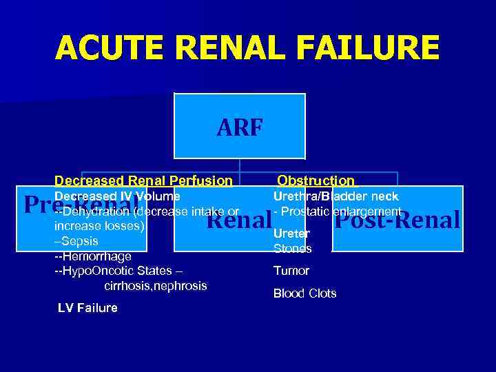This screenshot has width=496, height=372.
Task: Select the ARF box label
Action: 239,127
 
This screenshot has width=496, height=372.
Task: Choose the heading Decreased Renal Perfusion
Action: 143,181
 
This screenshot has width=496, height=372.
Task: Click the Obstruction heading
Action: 316,181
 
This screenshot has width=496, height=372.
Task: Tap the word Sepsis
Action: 79,241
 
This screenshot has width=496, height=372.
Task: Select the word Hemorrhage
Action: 96,256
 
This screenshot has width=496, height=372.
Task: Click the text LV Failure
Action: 87,308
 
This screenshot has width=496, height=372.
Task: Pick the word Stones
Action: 293,249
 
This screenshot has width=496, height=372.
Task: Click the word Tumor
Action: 291,271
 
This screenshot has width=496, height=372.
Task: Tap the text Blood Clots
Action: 304,293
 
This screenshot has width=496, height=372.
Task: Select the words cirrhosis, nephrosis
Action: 156,285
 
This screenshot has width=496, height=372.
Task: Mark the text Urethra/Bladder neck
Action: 335,196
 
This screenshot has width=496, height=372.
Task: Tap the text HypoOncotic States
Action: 117,271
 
